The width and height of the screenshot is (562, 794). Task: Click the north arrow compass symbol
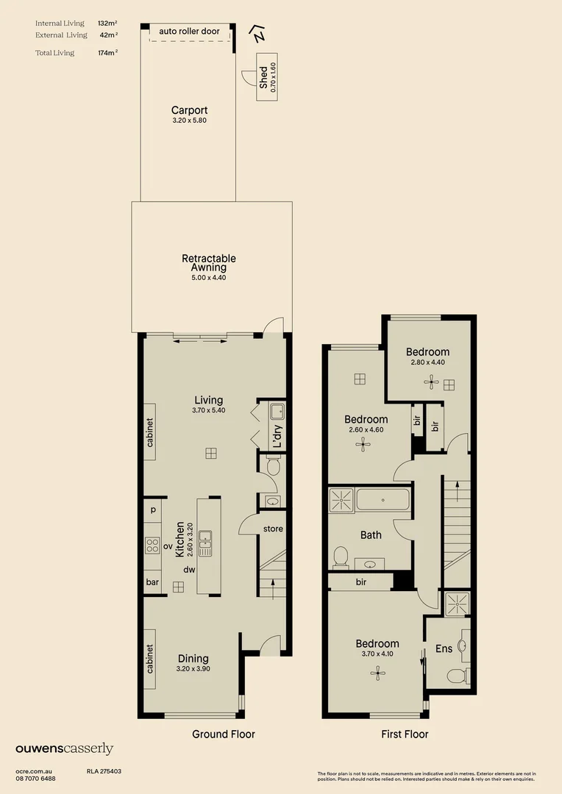[257, 33]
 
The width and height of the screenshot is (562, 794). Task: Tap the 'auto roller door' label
[189, 32]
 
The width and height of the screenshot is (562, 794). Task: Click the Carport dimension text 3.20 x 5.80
[189, 120]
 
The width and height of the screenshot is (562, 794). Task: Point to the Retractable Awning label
[209, 263]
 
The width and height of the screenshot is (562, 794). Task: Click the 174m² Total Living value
[107, 53]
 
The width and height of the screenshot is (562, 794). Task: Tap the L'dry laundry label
[277, 437]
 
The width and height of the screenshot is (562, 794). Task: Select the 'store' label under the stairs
[273, 529]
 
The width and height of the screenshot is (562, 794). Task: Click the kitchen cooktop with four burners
[152, 546]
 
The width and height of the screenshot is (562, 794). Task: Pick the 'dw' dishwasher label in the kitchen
[188, 569]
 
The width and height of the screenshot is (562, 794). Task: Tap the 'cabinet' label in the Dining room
[149, 659]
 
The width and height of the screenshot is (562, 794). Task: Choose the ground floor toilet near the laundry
[273, 466]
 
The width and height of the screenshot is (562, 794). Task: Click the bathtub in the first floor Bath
[383, 501]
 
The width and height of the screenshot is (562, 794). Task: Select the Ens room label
[444, 648]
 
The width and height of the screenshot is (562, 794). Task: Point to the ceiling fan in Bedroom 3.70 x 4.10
[378, 671]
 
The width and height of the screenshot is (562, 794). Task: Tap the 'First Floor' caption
[405, 734]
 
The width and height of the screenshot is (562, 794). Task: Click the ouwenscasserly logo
[65, 749]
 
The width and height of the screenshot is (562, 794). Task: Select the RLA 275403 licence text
[104, 771]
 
